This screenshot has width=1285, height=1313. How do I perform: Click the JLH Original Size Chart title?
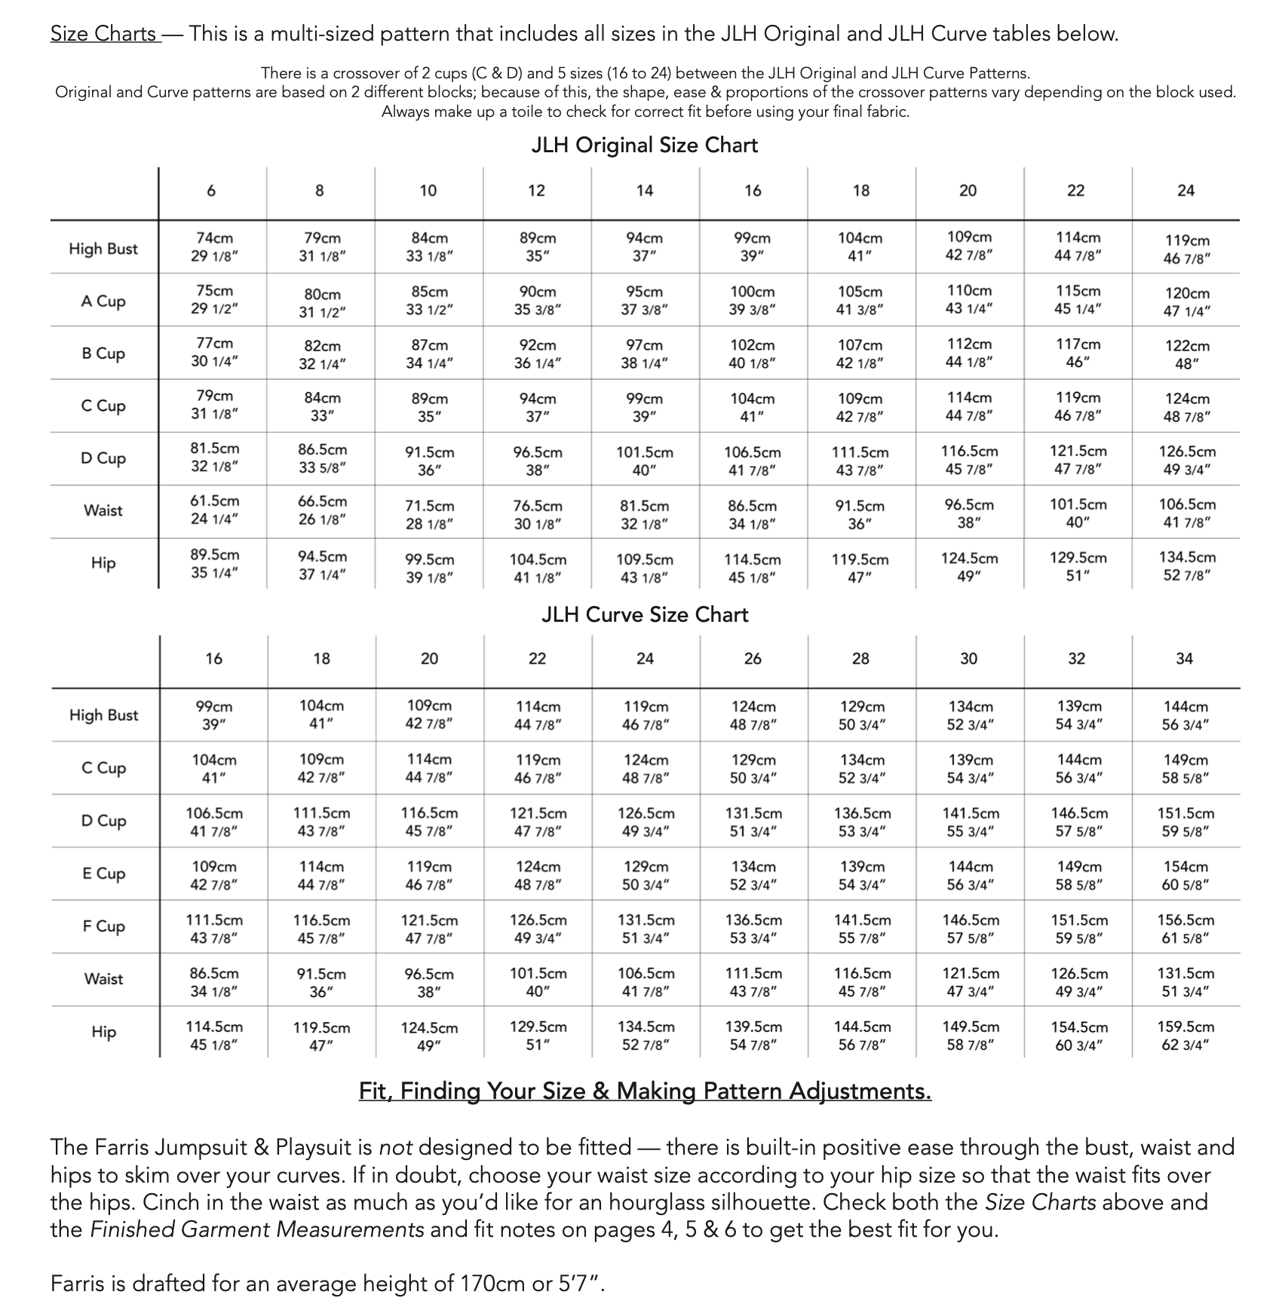644,145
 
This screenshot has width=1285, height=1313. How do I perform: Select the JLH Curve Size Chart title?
645,614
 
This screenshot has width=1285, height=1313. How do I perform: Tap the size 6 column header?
211,191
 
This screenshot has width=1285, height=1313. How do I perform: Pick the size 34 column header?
1185,659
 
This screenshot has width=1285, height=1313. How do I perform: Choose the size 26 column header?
753,659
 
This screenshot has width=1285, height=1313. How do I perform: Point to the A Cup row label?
103,301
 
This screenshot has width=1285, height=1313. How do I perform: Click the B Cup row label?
103,353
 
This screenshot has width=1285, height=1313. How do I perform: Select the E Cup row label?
103,874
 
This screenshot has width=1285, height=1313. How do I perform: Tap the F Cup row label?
103,926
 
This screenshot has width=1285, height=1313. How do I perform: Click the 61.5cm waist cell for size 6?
214,510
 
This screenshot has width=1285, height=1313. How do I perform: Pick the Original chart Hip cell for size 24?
1187,566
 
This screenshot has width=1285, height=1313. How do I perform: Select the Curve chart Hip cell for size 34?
1185,1036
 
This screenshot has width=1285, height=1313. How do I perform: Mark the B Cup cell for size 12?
537,354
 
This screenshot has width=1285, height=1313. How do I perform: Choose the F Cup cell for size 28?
861,929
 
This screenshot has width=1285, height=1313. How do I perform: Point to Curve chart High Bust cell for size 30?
970,715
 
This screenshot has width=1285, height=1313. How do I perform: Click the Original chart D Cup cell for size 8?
322,458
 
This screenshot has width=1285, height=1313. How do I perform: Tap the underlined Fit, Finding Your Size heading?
645,1091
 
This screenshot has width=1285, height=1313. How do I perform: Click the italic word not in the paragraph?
395,1147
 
